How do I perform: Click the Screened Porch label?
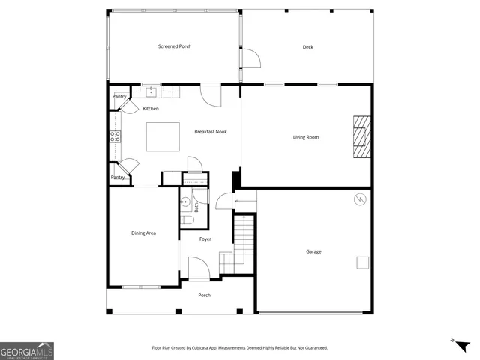pyautogui.click(x=174, y=46)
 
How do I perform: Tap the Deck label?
pyautogui.click(x=307, y=47)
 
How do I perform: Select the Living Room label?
pyautogui.click(x=305, y=137)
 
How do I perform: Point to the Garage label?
pyautogui.click(x=313, y=251)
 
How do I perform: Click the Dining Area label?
pyautogui.click(x=143, y=233)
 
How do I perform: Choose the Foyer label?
pyautogui.click(x=205, y=239)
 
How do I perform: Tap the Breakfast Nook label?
pyautogui.click(x=210, y=132)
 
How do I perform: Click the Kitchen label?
pyautogui.click(x=151, y=109)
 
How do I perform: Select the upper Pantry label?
pyautogui.click(x=119, y=96)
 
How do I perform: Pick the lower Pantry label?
pyautogui.click(x=118, y=178)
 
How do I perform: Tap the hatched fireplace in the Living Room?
pyautogui.click(x=362, y=137)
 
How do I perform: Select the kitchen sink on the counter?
pyautogui.click(x=151, y=91)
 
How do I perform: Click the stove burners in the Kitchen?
pyautogui.click(x=115, y=136)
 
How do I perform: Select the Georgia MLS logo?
pyautogui.click(x=27, y=351)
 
